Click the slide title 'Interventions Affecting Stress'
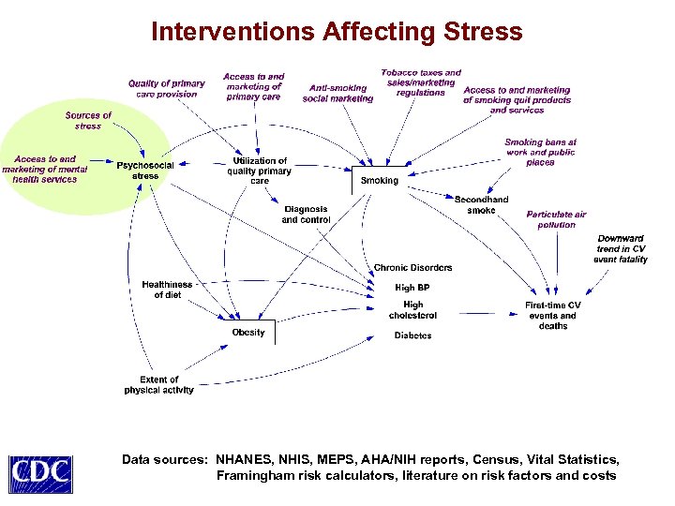tap(337, 32)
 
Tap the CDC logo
tap(40, 470)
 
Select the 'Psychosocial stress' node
tap(145, 171)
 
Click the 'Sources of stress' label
tap(88, 120)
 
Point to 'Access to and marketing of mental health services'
tap(45, 170)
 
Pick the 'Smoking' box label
tap(380, 180)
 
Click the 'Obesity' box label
tap(248, 333)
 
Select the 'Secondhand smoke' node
tap(481, 205)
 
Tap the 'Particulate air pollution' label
tap(556, 219)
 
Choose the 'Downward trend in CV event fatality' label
tap(621, 248)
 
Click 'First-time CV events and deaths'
tap(553, 316)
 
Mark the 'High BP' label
tap(412, 288)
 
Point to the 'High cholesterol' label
tap(412, 310)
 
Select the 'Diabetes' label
tap(412, 335)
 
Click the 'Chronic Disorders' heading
tap(412, 268)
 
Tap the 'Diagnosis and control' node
tap(306, 215)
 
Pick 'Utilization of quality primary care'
tap(260, 171)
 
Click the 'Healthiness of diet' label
tap(167, 290)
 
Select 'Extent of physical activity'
tap(158, 385)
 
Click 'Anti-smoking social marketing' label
tap(337, 94)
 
